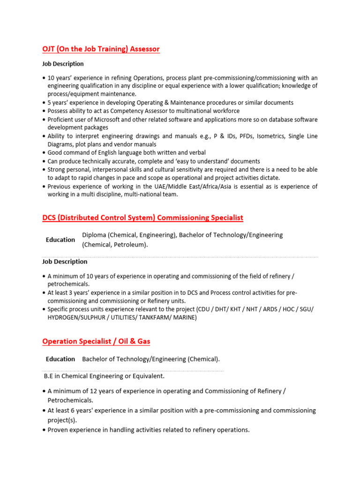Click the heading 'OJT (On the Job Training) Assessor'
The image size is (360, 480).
click(x=101, y=49)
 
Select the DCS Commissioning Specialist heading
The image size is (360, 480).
click(x=142, y=218)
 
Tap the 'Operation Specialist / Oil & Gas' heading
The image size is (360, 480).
click(x=96, y=341)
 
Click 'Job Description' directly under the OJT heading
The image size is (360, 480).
click(x=63, y=64)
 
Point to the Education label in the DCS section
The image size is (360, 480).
click(x=60, y=240)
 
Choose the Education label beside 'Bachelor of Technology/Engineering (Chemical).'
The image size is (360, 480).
click(x=60, y=359)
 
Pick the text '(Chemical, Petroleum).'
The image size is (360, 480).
click(x=115, y=245)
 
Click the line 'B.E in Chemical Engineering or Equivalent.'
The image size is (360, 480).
click(x=104, y=376)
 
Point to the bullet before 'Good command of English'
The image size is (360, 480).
click(x=44, y=153)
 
